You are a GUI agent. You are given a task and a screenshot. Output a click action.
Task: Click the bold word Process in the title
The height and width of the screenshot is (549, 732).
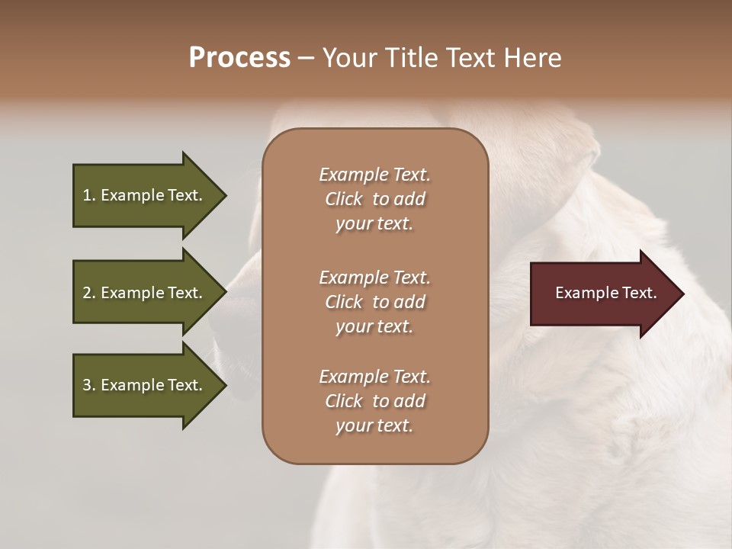click(239, 58)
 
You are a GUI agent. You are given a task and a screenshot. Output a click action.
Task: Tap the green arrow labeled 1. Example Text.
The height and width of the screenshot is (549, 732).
click(145, 195)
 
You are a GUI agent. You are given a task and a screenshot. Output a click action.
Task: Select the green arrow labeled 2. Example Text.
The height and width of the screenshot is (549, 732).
click(145, 293)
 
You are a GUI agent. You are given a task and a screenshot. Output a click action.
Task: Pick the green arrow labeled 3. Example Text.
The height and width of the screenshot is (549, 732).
click(145, 385)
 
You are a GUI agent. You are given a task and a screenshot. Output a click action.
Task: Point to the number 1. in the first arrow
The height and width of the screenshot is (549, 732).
click(89, 195)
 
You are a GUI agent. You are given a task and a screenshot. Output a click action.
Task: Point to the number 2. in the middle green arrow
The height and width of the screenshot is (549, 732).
click(89, 293)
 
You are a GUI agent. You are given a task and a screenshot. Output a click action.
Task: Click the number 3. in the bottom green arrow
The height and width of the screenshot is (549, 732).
click(89, 385)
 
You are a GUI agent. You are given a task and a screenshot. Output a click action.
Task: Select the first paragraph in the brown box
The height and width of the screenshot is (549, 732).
click(374, 199)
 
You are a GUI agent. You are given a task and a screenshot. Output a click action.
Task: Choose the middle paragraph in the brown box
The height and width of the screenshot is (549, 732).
click(374, 302)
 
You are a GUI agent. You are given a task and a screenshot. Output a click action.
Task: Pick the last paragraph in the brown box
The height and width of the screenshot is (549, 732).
click(374, 401)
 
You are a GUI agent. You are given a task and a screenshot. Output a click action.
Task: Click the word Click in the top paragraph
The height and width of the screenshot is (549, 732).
click(343, 199)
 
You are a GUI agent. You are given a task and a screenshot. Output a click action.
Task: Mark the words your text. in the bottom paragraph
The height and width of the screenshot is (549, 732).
click(374, 425)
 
